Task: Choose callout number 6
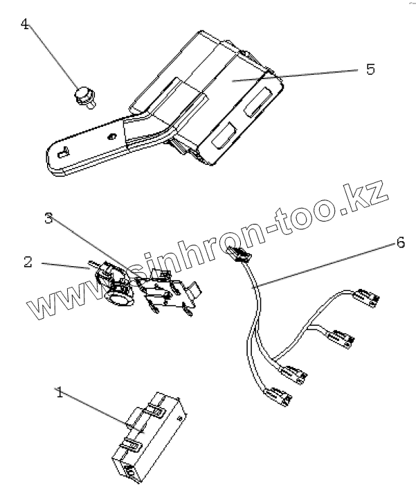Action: (x=401, y=243)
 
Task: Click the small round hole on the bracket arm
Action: (x=112, y=137)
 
